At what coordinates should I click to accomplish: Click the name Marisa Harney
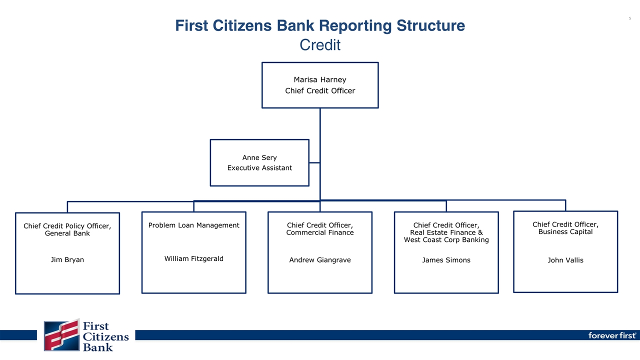[x=320, y=79]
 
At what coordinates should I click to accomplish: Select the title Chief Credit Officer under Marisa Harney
[x=320, y=90]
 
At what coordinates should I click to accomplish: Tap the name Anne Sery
[x=259, y=157]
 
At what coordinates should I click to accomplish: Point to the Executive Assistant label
[x=259, y=168]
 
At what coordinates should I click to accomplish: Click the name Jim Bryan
[x=67, y=260]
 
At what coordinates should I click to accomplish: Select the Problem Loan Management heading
[x=194, y=225]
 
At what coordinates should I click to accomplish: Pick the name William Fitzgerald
[x=194, y=258]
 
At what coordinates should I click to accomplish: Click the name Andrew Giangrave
[x=320, y=260]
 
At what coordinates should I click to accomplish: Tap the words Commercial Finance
[x=320, y=232]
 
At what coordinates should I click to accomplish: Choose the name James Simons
[x=446, y=260]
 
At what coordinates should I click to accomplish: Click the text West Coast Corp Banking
[x=446, y=240]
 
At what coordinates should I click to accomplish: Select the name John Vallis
[x=565, y=260]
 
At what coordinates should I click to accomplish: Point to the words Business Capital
[x=565, y=232]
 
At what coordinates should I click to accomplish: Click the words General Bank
[x=67, y=233]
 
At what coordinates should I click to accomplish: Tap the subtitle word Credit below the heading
[x=320, y=45]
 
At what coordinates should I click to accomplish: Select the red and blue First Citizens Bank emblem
[x=61, y=335]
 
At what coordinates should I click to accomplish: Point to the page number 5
[x=629, y=18]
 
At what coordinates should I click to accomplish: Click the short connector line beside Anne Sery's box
[x=314, y=162]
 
